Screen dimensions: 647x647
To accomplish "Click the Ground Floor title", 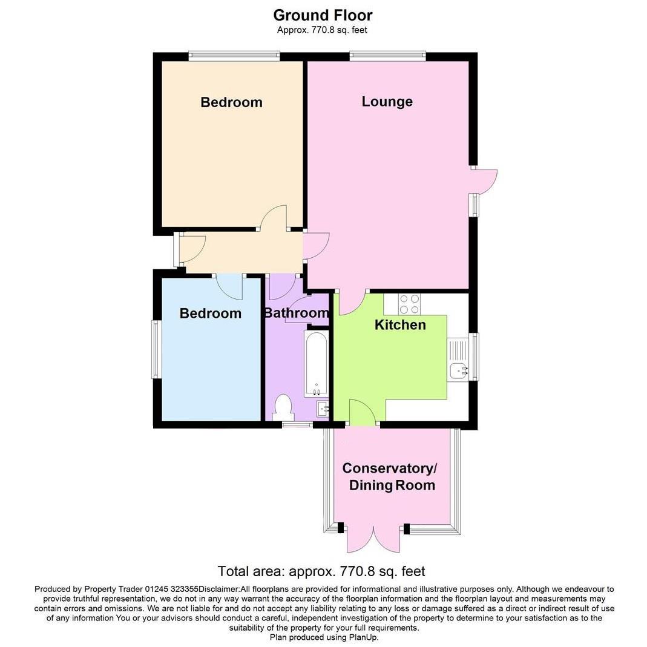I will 323,15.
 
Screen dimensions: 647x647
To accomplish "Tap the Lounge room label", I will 387,102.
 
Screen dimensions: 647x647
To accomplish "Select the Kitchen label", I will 400,325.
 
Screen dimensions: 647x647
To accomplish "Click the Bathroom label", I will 297,313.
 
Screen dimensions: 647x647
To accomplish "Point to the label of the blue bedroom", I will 211,314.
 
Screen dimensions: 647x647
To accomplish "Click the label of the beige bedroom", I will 231,102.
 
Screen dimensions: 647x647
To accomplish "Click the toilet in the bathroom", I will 283,407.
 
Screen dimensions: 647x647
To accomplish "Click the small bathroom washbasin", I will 322,408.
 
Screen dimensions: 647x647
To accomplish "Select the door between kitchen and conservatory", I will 362,413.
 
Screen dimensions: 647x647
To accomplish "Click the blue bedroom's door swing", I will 230,286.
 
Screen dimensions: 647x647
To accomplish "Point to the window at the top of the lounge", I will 387,56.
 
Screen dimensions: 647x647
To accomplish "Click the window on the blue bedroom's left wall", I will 156,350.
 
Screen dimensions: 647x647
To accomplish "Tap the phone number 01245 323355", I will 171,589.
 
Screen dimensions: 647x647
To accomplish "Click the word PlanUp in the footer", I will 363,637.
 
